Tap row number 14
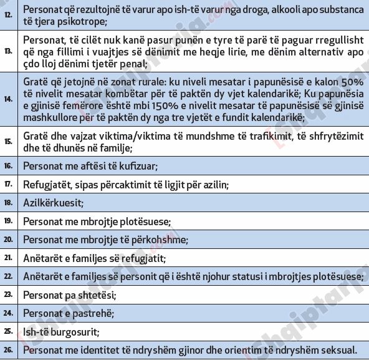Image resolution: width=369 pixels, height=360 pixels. coord(8,99)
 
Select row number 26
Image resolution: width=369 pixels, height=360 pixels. coord(8,349)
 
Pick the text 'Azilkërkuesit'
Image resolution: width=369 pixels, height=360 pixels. coord(53,203)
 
